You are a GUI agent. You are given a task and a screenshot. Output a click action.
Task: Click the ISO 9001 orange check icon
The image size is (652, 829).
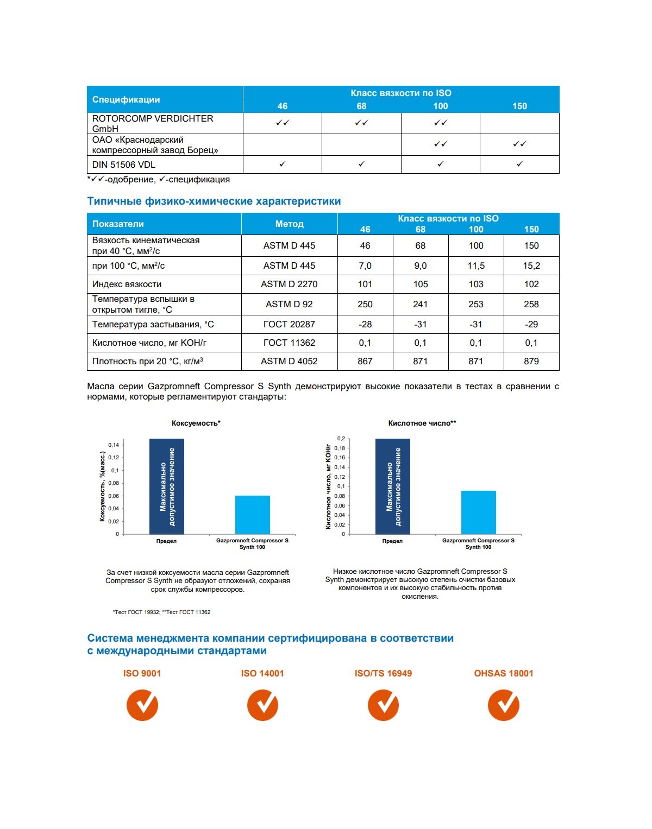(x=142, y=705)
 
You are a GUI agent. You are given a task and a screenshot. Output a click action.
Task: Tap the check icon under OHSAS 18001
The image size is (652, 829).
(x=504, y=705)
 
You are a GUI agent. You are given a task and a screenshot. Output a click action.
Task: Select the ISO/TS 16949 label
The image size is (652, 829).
(x=383, y=673)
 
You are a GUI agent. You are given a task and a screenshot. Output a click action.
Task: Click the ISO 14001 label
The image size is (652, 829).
(x=262, y=673)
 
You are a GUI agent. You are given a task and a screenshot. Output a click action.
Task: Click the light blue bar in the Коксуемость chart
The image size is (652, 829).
(x=253, y=515)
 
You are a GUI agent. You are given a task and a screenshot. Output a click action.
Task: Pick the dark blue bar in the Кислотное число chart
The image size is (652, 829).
(x=392, y=486)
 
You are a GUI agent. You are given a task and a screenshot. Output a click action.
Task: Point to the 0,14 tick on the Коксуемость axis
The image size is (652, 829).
(x=114, y=445)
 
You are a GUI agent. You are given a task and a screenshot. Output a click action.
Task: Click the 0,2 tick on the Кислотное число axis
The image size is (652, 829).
(x=341, y=439)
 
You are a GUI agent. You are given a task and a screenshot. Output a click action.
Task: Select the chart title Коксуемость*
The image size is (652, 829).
(x=196, y=423)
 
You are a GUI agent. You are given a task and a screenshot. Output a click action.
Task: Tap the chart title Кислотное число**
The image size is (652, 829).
(x=422, y=423)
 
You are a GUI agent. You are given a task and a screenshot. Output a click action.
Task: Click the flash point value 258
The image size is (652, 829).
(x=531, y=305)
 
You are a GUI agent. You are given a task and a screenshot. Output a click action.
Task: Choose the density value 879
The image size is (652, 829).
(x=531, y=362)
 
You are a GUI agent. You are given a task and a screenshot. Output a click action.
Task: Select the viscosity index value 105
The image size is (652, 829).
(x=421, y=284)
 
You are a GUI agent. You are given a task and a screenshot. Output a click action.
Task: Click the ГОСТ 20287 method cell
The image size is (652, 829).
(x=289, y=325)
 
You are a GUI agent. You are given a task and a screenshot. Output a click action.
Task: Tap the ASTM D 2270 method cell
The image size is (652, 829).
(x=289, y=284)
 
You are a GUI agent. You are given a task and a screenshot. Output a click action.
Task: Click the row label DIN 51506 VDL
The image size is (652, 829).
(x=124, y=165)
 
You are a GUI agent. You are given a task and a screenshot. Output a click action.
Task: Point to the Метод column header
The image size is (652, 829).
(x=290, y=224)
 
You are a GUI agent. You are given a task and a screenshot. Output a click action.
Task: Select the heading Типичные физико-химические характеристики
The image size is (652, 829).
(x=214, y=201)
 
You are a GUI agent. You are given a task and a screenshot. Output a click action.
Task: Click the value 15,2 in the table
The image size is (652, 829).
(x=531, y=266)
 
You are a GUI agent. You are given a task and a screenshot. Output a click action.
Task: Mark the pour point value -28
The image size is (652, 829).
(x=365, y=325)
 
